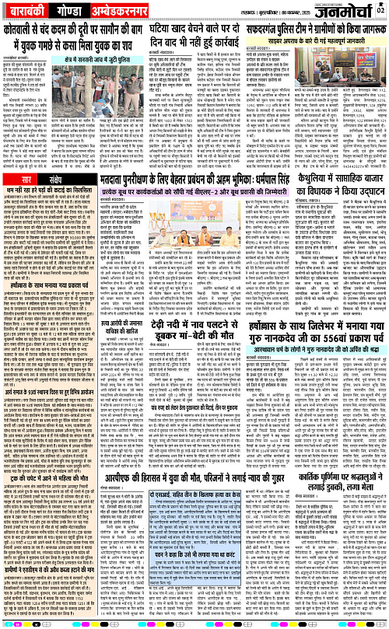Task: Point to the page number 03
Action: pos(381,10)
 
